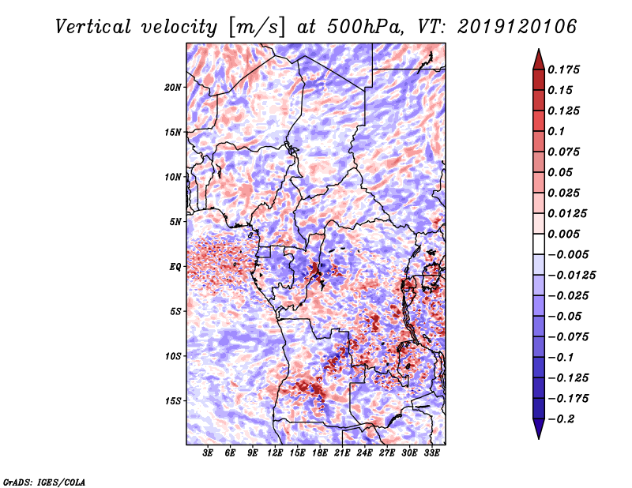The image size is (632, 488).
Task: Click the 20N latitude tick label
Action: click(174, 87)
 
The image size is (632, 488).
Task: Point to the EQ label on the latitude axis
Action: click(175, 267)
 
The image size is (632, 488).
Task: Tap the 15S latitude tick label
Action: click(174, 401)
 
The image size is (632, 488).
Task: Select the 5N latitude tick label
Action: click(175, 222)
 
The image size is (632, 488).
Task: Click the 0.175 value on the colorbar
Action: click(566, 69)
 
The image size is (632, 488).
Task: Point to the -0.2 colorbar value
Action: click(564, 419)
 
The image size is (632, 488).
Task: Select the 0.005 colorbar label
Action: click(566, 234)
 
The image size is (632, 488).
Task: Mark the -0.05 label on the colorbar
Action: click(567, 316)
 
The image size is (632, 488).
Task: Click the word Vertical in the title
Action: click(94, 26)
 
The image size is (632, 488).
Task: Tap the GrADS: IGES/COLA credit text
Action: click(44, 481)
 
